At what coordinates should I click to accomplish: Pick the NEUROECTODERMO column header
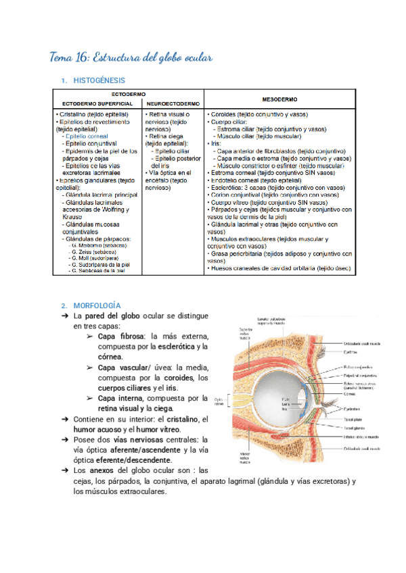tap(173, 104)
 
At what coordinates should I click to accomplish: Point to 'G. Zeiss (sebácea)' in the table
tap(94, 249)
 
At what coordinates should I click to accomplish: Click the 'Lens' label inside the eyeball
tap(285, 405)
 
